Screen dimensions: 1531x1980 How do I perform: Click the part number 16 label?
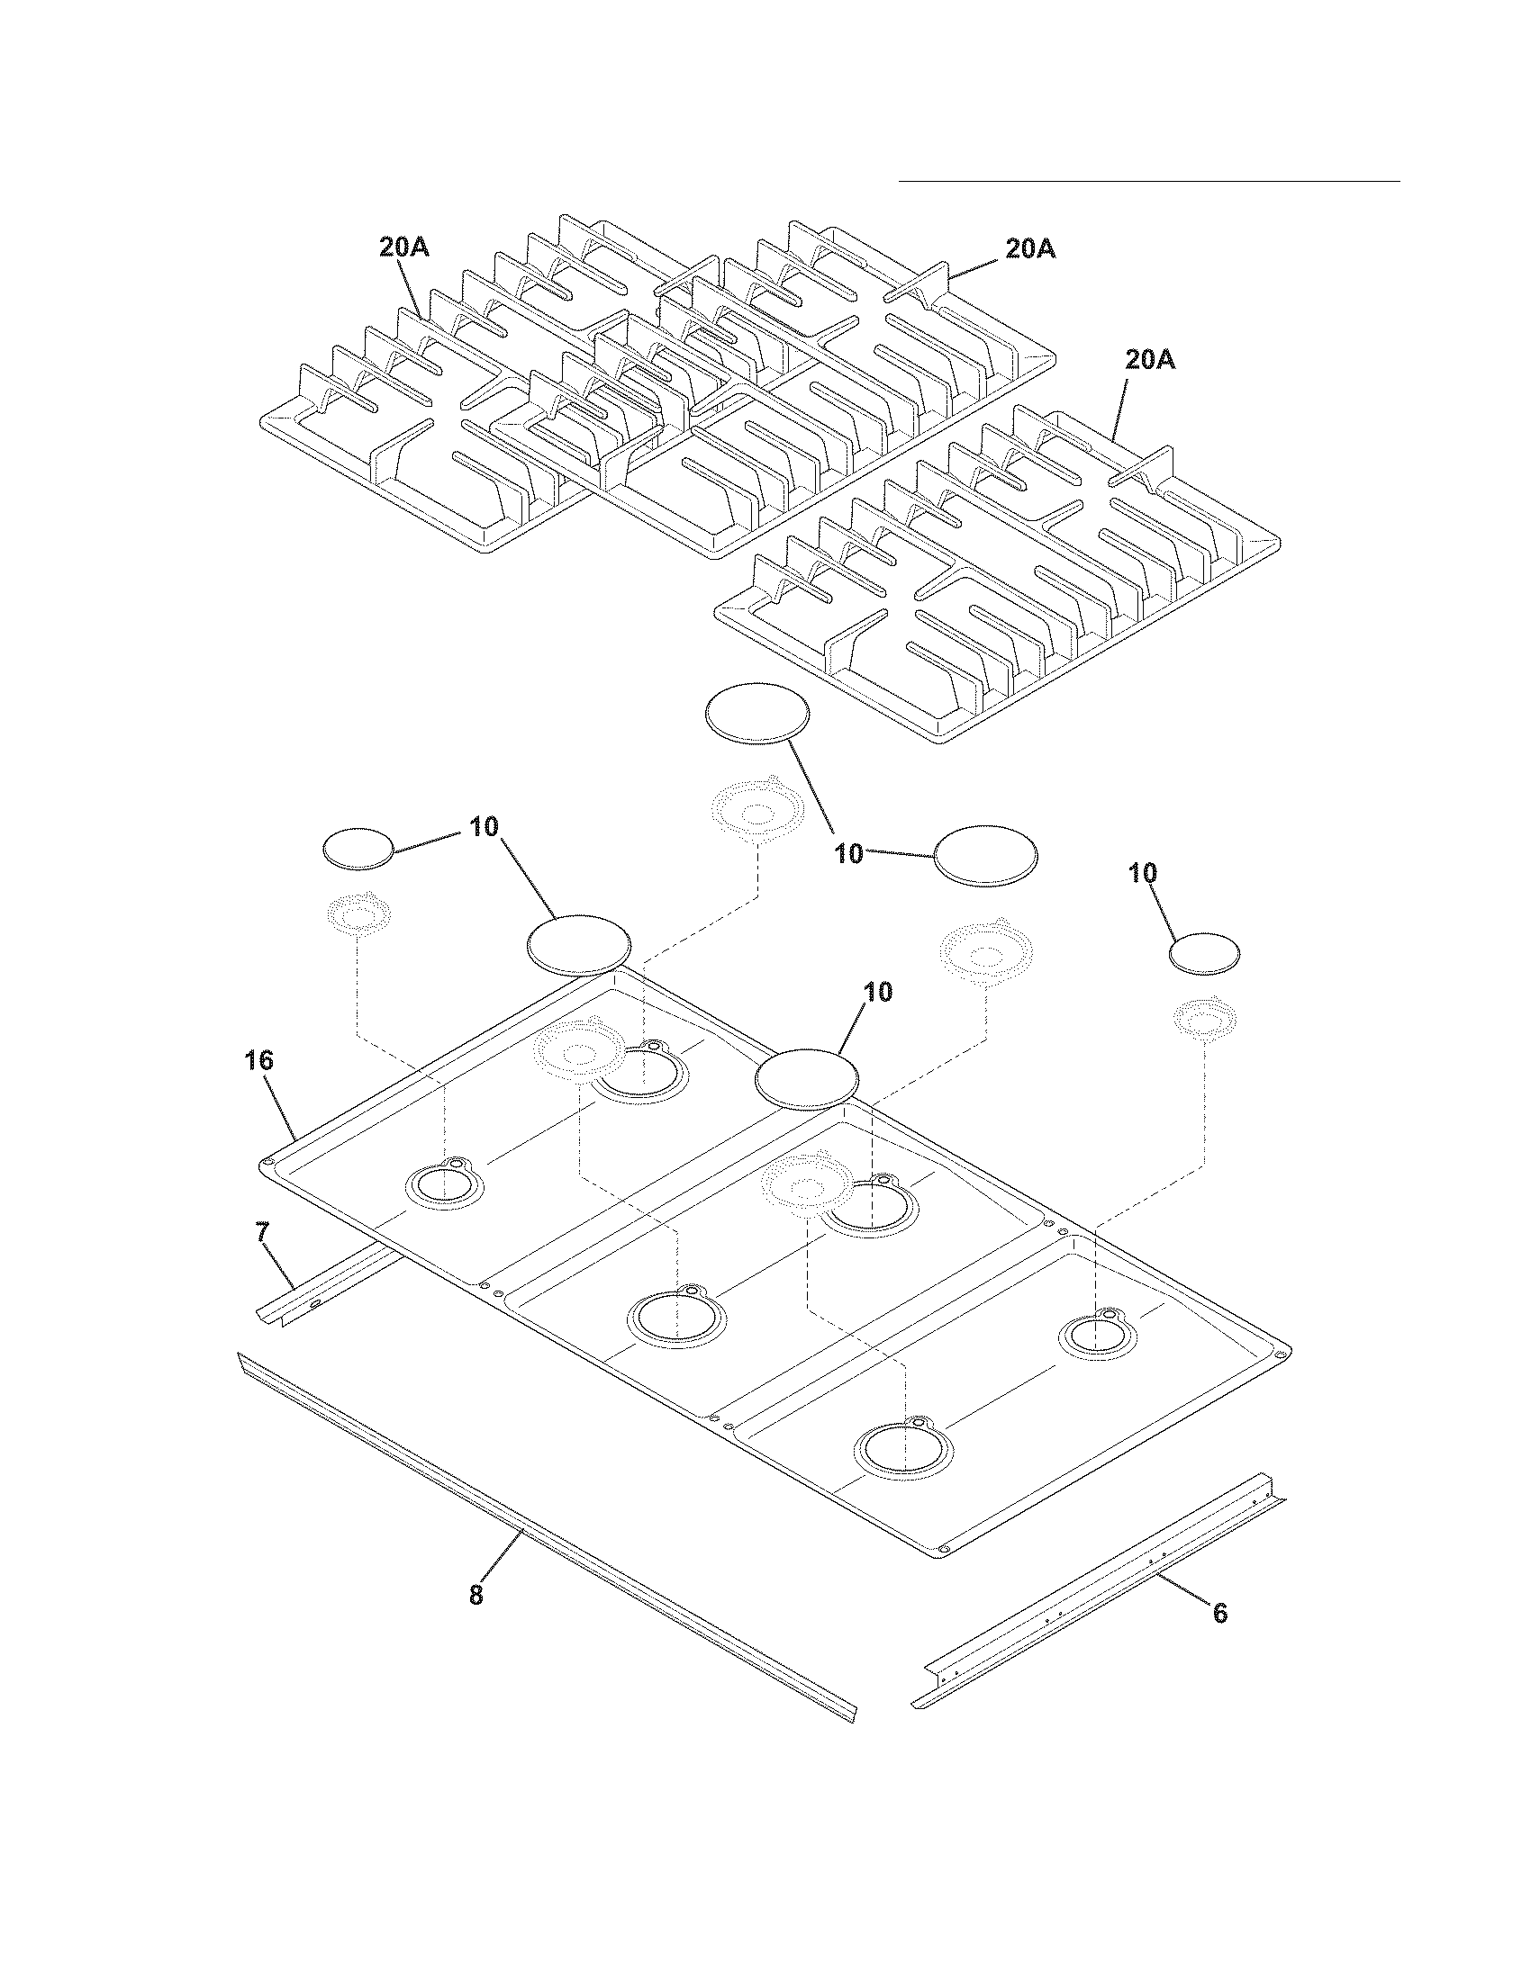(258, 1060)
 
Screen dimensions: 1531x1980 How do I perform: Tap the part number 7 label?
(261, 1231)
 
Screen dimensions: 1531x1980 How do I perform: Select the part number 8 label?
(476, 1595)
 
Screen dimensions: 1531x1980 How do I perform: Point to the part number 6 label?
(1220, 1613)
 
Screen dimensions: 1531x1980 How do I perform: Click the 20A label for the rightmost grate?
(1150, 360)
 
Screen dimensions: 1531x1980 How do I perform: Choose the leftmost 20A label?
(404, 247)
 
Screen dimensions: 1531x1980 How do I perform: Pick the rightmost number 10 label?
(1143, 873)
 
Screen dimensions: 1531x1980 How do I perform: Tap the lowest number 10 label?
(877, 992)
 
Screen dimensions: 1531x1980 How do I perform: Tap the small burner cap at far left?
(358, 849)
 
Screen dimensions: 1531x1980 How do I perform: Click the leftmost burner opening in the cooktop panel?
(444, 1185)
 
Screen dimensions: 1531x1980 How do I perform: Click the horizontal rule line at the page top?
(1149, 181)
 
